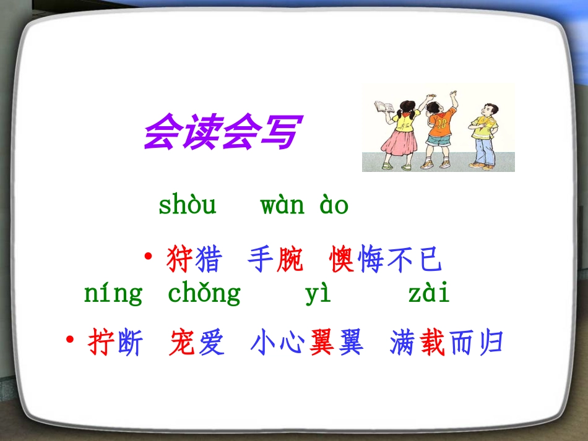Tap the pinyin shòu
pyautogui.click(x=188, y=205)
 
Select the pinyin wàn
pyautogui.click(x=282, y=205)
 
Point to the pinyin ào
pyautogui.click(x=334, y=205)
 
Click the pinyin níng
pyautogui.click(x=113, y=293)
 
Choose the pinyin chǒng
pyautogui.click(x=204, y=293)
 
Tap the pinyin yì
pyautogui.click(x=318, y=293)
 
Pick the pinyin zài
pyautogui.click(x=429, y=293)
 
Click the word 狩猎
pyautogui.click(x=193, y=260)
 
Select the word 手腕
pyautogui.click(x=275, y=260)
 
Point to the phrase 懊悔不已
pyautogui.click(x=386, y=260)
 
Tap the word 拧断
pyautogui.click(x=116, y=343)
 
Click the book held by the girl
pyautogui.click(x=382, y=107)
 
